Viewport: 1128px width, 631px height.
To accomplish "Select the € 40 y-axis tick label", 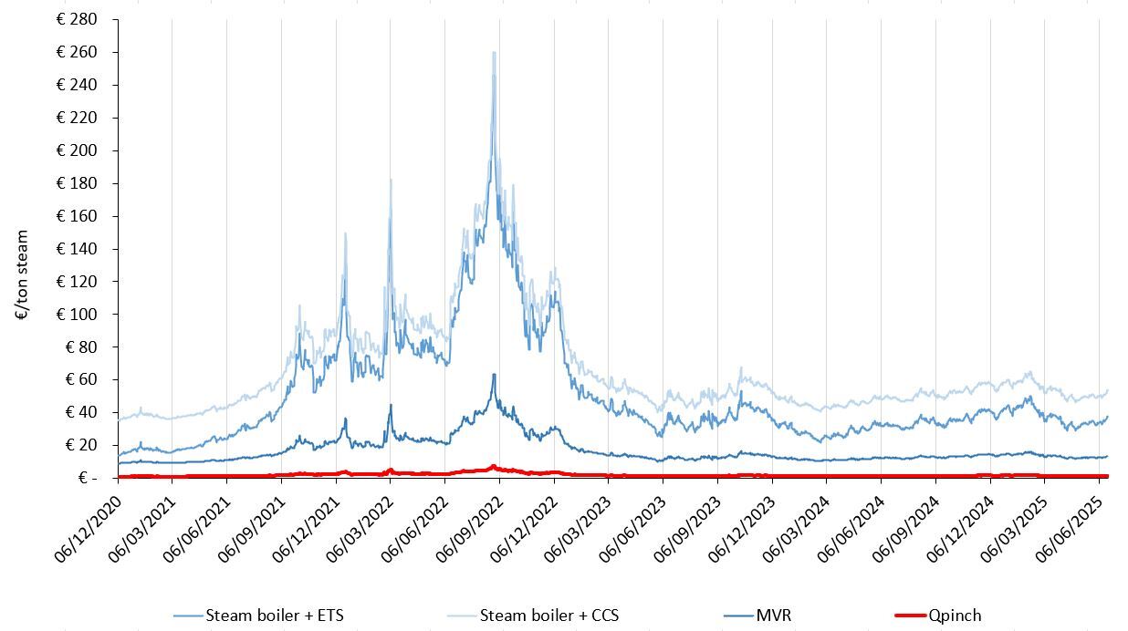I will [79, 412].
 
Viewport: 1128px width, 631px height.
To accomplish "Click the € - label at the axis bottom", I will [88, 478].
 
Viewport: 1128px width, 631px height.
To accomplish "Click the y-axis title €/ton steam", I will [22, 274].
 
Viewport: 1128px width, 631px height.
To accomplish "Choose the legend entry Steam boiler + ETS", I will [275, 615].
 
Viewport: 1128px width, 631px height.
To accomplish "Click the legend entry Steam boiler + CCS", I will [548, 615].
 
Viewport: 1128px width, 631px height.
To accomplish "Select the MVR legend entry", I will [773, 615].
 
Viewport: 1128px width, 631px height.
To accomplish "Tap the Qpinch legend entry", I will [955, 615].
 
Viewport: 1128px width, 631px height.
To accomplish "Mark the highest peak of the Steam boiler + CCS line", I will [494, 53].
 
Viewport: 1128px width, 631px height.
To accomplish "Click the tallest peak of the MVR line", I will [494, 374].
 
